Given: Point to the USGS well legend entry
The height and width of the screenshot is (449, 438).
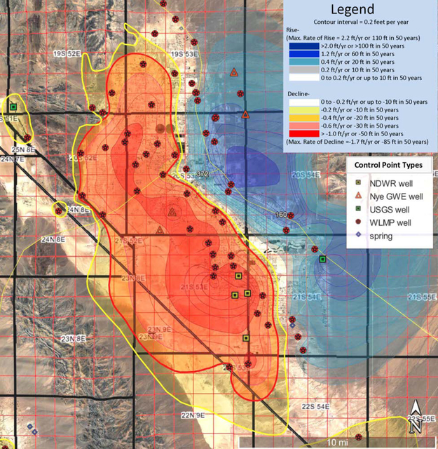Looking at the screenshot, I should pyautogui.click(x=357, y=209).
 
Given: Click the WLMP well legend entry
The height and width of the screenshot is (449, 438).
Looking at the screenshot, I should pyautogui.click(x=357, y=222).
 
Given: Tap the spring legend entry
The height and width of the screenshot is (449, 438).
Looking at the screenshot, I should pyautogui.click(x=357, y=236).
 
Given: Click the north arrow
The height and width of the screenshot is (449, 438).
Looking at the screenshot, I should pyautogui.click(x=416, y=414).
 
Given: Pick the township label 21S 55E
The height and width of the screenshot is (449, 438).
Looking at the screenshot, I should pyautogui.click(x=422, y=297).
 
